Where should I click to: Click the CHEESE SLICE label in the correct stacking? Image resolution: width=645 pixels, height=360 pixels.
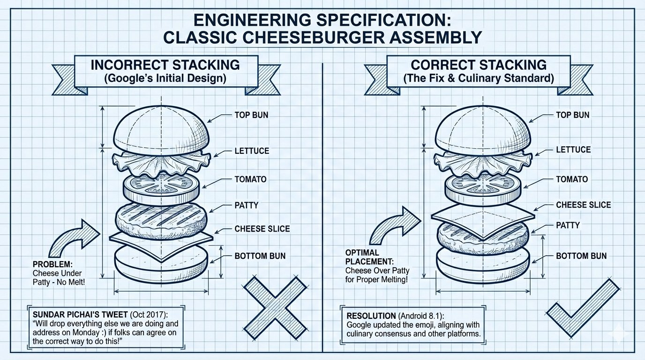pos(583,205)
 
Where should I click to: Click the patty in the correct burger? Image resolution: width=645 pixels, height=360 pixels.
pos(482,234)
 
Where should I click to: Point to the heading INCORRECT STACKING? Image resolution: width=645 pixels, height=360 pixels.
pos(165,65)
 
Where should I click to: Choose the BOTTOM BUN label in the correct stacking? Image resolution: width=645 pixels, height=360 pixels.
pos(581,256)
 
